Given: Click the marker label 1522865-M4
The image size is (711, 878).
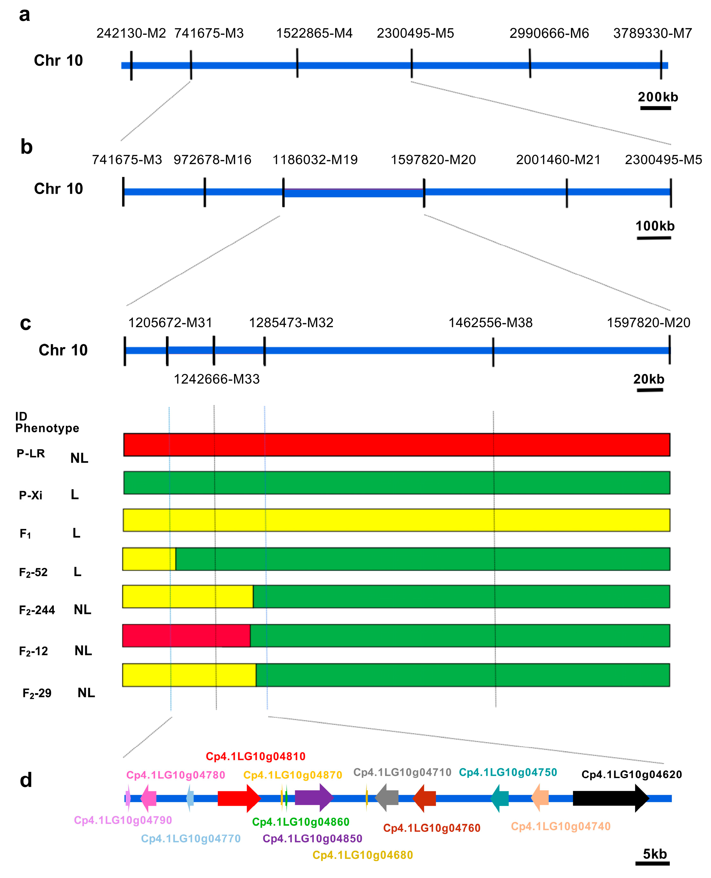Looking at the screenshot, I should tap(314, 33).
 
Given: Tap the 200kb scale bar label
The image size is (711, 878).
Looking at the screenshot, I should tap(658, 97).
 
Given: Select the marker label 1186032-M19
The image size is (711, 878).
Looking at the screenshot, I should tap(315, 160).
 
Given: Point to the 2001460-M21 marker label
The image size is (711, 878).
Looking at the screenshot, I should tap(558, 160).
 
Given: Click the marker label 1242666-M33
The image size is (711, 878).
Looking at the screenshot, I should tap(217, 379).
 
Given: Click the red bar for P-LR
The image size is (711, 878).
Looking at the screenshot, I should tap(396, 444).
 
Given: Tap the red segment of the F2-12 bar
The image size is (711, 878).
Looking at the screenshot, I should tap(186, 636).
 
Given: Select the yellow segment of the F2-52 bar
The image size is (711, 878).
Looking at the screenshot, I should tap(149, 559).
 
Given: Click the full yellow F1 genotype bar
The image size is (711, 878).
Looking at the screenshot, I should tap(396, 520).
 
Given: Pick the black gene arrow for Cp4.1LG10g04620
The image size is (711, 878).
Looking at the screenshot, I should tap(610, 798).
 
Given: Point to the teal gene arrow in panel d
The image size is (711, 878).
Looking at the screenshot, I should tap(500, 798).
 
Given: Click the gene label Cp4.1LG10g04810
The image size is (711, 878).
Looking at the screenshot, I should tap(255, 756).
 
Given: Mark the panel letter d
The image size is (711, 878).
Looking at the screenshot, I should tap(26, 780).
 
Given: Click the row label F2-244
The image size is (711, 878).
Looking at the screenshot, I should tap(37, 610).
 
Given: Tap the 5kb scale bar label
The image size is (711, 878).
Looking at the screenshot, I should tap(654, 854).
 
